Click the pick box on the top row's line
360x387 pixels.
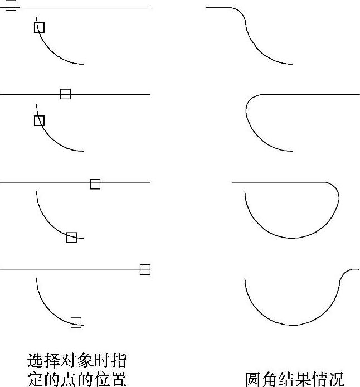11,6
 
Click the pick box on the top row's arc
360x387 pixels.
39,27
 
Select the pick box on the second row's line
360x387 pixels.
66,94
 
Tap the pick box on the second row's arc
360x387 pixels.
39,120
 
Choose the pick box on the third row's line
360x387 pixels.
95,184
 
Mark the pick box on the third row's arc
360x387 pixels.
71,237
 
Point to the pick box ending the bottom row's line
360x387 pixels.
145,270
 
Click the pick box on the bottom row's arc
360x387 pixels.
76,322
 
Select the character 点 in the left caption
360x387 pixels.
77,379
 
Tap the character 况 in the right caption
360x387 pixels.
335,379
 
